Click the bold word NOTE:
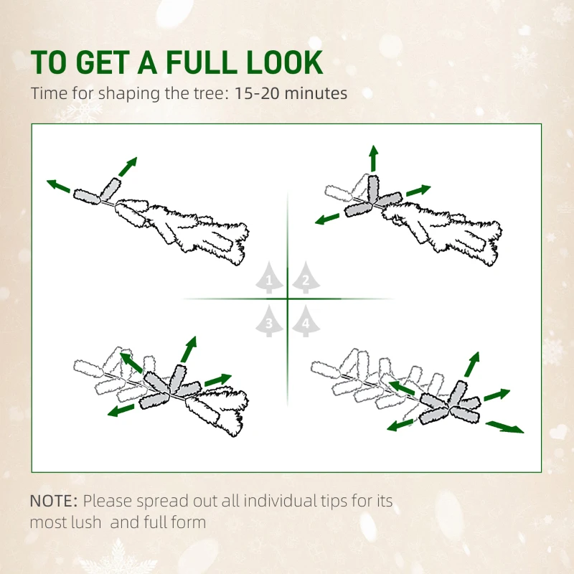[55, 500]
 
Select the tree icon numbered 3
[269, 322]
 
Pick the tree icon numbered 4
[306, 322]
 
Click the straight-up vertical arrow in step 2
[373, 157]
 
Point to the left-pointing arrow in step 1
[60, 187]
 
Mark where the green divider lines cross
[288, 298]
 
